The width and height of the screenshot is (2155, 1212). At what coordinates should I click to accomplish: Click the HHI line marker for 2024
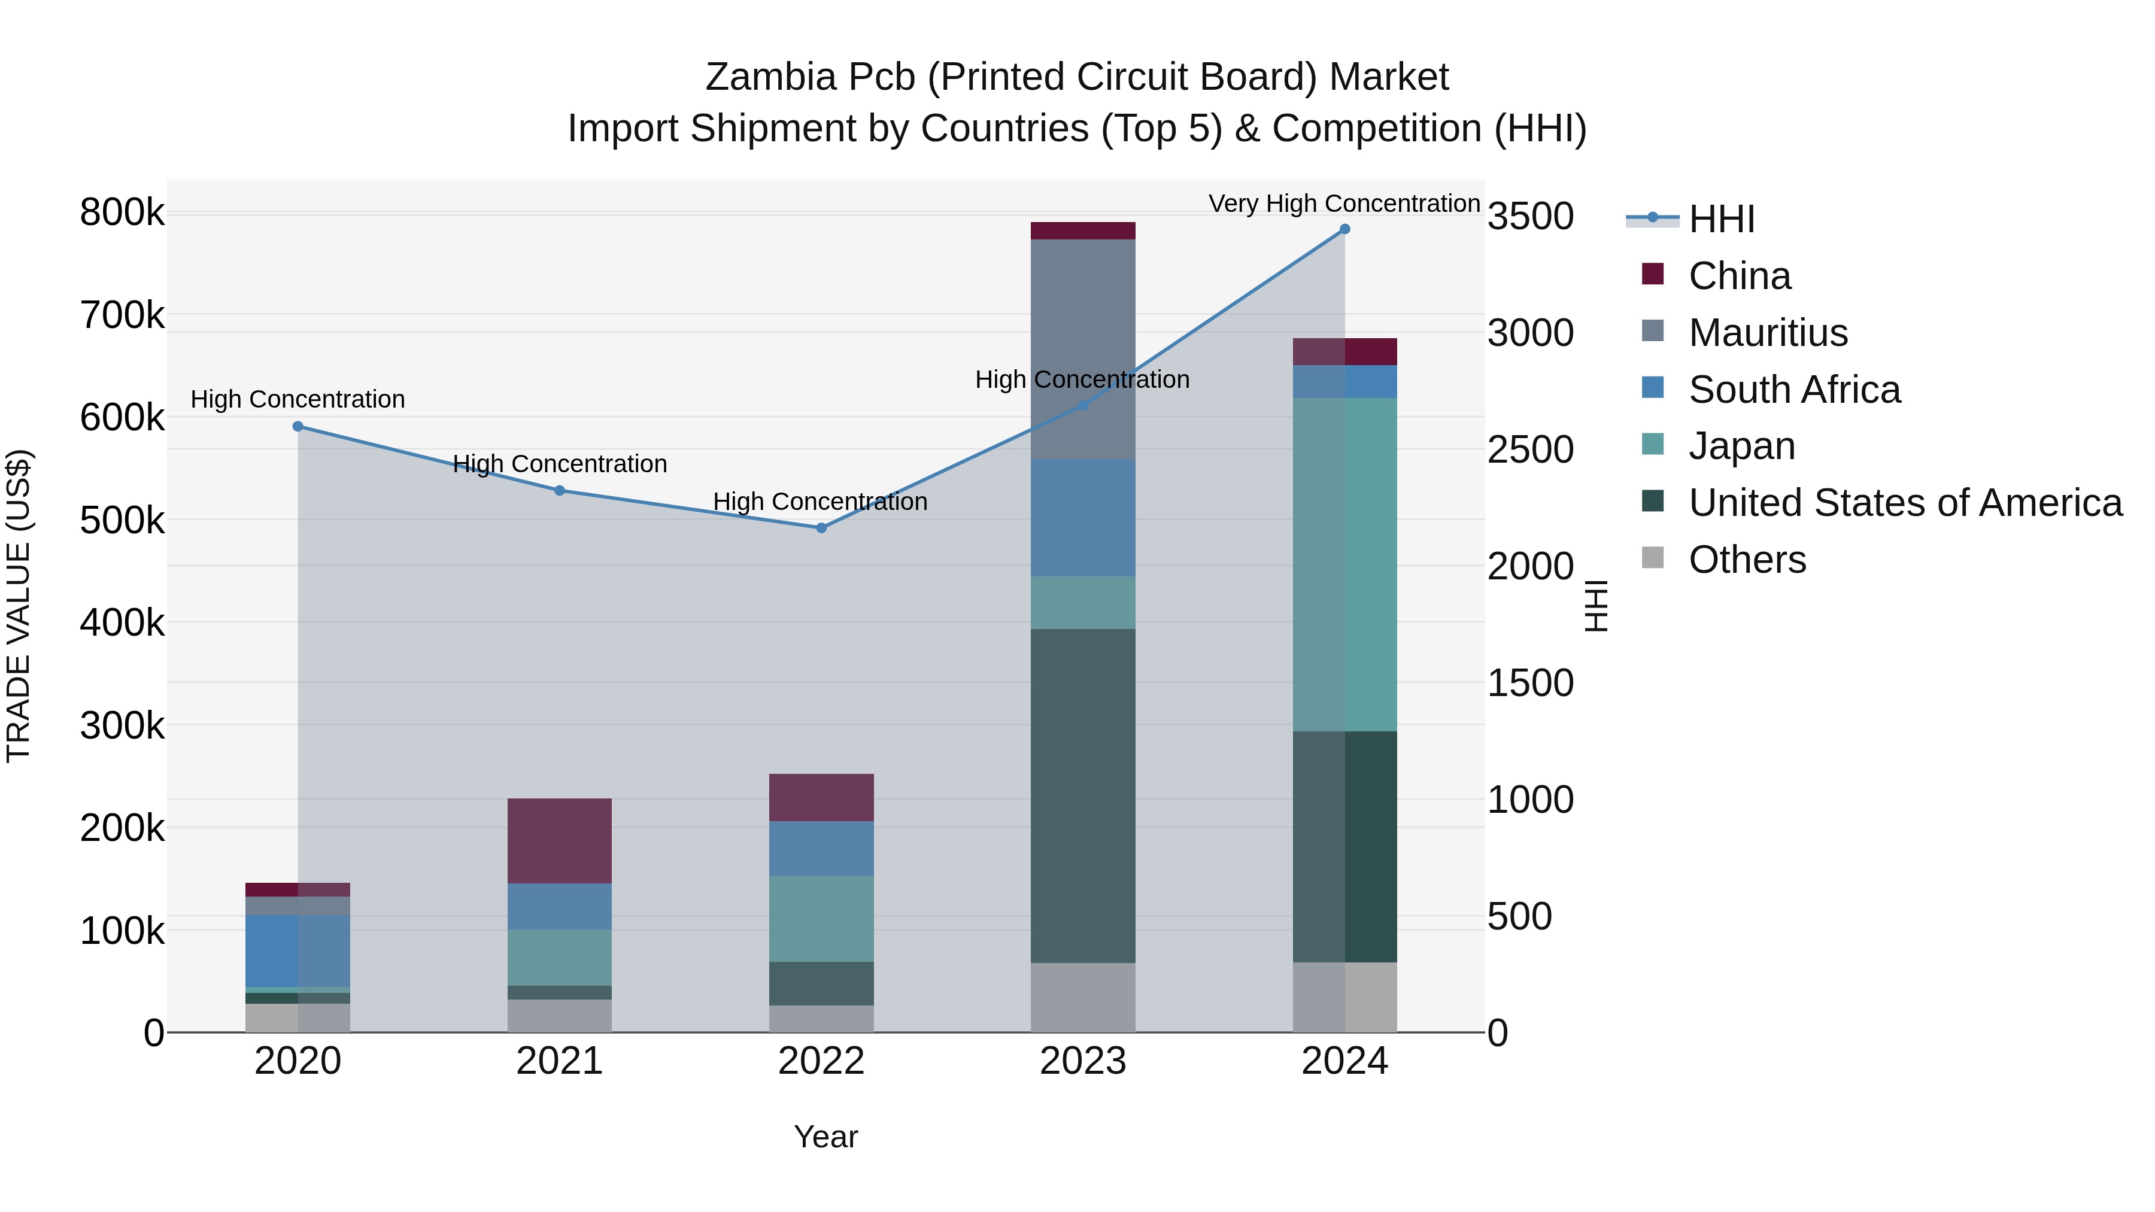tap(1344, 229)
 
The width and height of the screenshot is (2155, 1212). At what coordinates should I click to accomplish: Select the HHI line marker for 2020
tap(298, 427)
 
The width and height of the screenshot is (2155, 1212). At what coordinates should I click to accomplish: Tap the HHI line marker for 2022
tap(821, 528)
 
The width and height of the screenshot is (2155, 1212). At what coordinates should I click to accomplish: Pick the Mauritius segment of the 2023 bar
tap(1082, 349)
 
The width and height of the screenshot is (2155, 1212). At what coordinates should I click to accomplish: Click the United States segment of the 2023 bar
tap(1082, 795)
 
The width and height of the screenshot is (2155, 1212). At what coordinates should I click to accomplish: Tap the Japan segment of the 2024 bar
tap(1344, 564)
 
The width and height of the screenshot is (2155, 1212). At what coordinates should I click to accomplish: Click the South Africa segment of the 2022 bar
tap(821, 848)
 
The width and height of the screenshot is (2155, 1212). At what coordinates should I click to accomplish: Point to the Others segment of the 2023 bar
tap(1082, 997)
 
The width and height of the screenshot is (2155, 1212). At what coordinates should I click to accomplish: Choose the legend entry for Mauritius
tap(1767, 333)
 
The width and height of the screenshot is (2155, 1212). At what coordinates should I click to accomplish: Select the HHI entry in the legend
tap(1721, 219)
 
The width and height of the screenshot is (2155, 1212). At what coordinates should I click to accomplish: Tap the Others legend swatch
tap(1652, 558)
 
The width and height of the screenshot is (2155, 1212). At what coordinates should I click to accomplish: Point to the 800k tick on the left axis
tap(122, 212)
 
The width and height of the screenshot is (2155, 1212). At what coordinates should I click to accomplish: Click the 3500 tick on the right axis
tap(1530, 217)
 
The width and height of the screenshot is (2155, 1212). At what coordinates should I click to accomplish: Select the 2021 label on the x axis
tap(560, 1061)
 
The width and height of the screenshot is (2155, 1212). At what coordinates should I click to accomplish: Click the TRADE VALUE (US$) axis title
tap(19, 606)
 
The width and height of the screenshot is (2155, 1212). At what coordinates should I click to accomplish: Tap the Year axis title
tap(825, 1137)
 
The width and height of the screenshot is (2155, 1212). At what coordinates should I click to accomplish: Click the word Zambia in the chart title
tap(770, 77)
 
